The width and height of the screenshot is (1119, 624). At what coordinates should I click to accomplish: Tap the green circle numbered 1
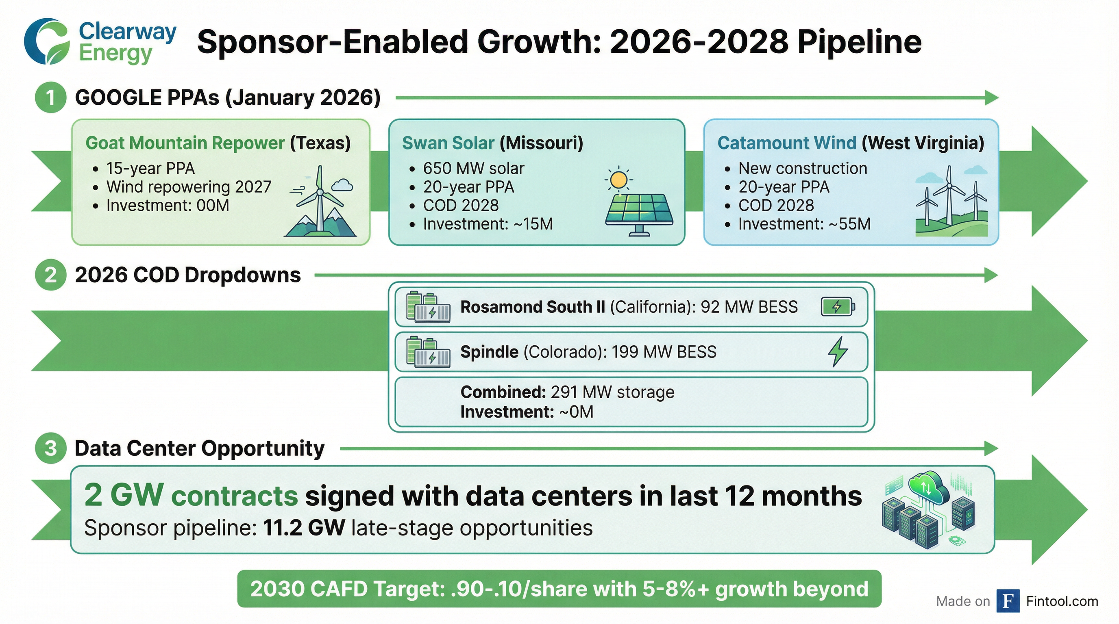(x=50, y=97)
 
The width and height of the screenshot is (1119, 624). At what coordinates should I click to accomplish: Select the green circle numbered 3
(x=50, y=448)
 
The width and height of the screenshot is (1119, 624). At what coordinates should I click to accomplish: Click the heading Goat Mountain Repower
(x=185, y=143)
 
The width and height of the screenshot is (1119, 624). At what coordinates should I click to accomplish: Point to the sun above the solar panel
(x=618, y=179)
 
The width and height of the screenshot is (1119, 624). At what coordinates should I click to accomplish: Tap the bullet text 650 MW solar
(x=473, y=168)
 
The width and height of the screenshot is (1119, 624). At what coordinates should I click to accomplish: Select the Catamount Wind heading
(x=787, y=143)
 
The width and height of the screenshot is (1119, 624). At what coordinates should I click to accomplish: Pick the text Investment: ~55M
(x=804, y=224)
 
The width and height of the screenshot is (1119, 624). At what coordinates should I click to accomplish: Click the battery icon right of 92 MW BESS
(x=838, y=307)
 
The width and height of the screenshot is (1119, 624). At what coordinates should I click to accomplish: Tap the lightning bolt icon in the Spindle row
(x=838, y=351)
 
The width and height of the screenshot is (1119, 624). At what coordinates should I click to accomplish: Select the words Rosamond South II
(x=533, y=307)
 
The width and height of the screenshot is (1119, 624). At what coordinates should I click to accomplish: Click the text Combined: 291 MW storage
(x=567, y=392)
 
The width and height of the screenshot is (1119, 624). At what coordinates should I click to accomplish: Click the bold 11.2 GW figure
(x=304, y=528)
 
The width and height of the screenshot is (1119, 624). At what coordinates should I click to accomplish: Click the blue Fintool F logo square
(x=1008, y=601)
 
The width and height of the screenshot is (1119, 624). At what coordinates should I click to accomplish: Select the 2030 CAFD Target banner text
(x=559, y=589)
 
